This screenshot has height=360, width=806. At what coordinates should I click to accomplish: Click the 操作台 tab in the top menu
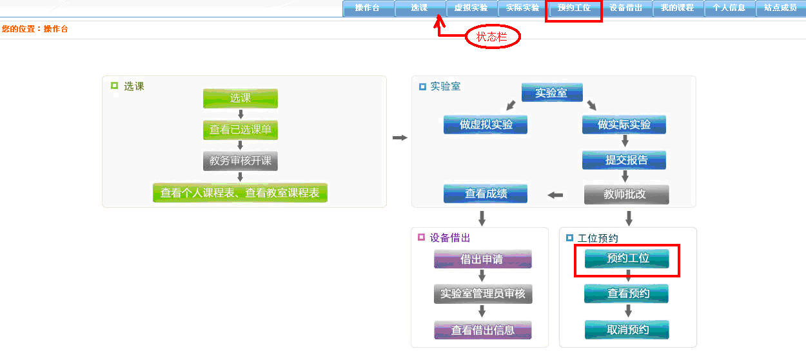tap(368, 8)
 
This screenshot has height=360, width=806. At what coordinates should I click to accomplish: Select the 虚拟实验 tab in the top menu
tap(471, 8)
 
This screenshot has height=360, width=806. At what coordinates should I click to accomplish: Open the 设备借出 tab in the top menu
tap(625, 8)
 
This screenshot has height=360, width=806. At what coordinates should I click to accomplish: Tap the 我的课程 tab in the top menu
tap(677, 8)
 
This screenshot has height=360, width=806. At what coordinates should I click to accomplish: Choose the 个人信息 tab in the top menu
tap(729, 8)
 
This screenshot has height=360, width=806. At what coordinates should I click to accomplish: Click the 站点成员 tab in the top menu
tap(780, 8)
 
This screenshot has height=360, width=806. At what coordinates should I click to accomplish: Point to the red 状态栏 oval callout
tap(493, 37)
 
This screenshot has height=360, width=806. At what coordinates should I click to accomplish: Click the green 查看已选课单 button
tap(241, 130)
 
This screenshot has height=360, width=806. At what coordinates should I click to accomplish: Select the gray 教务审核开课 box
tap(241, 161)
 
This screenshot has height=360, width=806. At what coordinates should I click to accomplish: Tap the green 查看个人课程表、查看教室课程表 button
tap(240, 192)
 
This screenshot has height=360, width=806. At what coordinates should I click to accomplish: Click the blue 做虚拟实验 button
tap(486, 125)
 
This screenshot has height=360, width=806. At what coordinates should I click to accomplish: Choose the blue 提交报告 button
tap(624, 160)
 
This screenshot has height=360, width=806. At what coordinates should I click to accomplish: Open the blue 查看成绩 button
tap(486, 194)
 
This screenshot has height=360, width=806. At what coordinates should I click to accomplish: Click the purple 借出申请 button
tap(482, 259)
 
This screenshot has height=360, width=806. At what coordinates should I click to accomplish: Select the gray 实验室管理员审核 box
tap(482, 294)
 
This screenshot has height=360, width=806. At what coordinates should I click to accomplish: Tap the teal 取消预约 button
tap(627, 330)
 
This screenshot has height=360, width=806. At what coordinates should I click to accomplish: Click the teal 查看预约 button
tap(627, 294)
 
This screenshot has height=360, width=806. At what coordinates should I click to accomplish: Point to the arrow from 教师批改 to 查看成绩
tap(555, 195)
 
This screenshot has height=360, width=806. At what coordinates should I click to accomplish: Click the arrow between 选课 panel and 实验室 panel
tap(400, 137)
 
